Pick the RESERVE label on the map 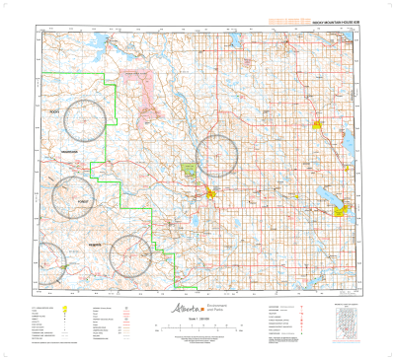coord(95,243)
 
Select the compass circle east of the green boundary coord(216,155)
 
